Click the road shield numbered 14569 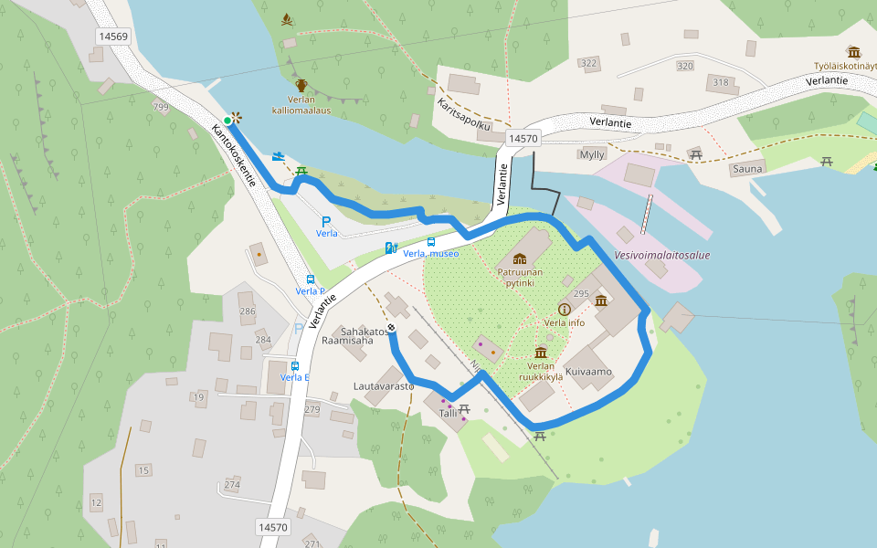113,37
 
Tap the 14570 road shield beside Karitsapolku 523,139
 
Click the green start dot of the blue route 227,120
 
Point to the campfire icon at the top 289,19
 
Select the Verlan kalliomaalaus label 301,104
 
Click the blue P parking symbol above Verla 326,221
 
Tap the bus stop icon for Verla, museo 431,241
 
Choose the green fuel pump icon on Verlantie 390,248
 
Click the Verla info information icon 564,310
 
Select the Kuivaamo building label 587,373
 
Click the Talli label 448,413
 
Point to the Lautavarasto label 384,386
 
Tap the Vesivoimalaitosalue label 662,256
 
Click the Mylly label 592,154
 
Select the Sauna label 746,169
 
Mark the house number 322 588,63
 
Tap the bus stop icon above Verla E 294,365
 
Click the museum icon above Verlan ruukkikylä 541,353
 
